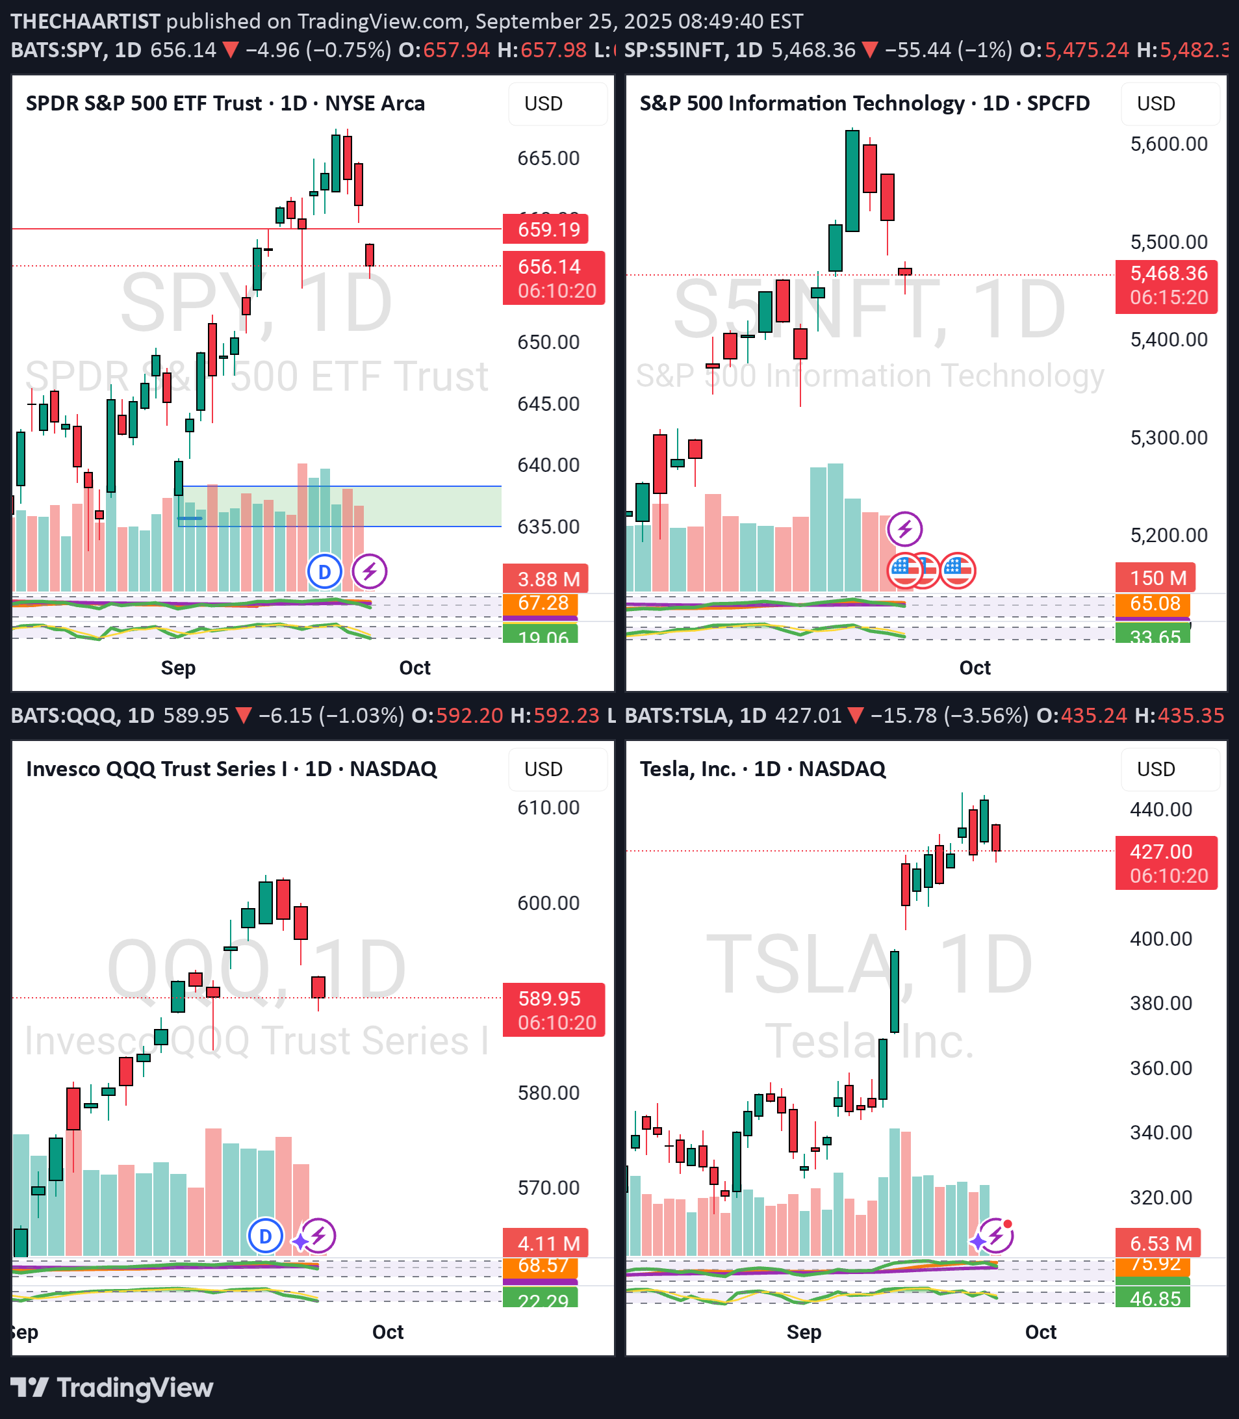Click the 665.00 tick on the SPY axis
pyautogui.click(x=548, y=159)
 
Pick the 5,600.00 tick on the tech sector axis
pyautogui.click(x=1168, y=144)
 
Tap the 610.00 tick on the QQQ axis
pyautogui.click(x=548, y=807)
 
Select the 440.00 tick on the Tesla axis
pyautogui.click(x=1161, y=809)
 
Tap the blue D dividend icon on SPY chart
pyautogui.click(x=324, y=572)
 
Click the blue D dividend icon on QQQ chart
pyautogui.click(x=266, y=1236)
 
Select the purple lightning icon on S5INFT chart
pyautogui.click(x=904, y=529)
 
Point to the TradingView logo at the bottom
pyautogui.click(x=112, y=1388)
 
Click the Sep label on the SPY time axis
pyautogui.click(x=179, y=668)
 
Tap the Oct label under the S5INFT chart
pyautogui.click(x=975, y=668)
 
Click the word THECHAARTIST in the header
pyautogui.click(x=86, y=21)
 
